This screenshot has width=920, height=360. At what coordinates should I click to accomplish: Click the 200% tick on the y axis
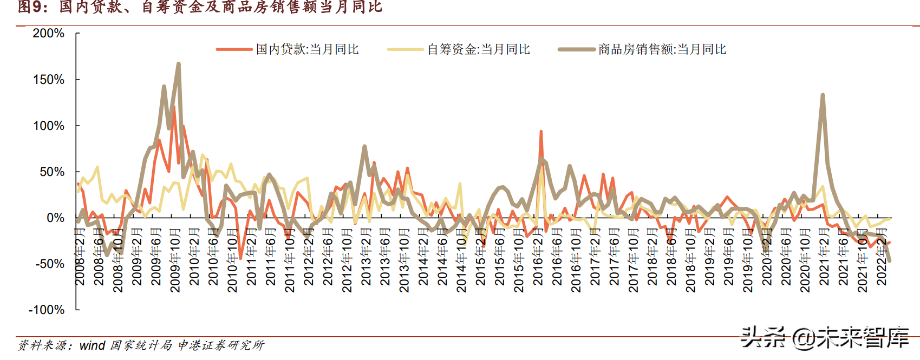click(x=49, y=34)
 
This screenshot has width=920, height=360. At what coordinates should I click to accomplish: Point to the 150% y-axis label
click(x=49, y=80)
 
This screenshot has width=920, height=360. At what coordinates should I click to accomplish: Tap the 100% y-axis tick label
click(x=49, y=126)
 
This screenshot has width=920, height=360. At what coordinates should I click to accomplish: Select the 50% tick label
click(x=52, y=172)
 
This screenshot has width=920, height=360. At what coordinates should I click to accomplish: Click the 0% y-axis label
click(x=55, y=218)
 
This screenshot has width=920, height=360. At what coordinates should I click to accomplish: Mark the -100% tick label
click(x=47, y=310)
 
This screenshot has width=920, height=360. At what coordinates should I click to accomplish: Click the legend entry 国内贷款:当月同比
click(x=307, y=49)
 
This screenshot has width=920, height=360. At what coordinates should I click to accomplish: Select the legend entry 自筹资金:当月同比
click(x=478, y=49)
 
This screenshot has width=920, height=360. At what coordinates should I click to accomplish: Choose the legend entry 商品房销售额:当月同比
click(x=662, y=49)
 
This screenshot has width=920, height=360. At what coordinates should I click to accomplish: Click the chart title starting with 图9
click(x=200, y=8)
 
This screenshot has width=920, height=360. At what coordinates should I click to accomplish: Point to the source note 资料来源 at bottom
click(x=141, y=345)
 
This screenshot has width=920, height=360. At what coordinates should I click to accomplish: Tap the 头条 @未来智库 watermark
click(x=824, y=337)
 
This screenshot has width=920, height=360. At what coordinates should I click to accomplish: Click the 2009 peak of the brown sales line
click(x=178, y=64)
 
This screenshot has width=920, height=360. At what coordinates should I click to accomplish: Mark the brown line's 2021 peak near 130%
click(x=823, y=95)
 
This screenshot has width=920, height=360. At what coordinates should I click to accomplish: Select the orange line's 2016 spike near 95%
click(x=541, y=132)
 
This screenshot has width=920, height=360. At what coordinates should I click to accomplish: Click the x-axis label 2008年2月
click(x=80, y=257)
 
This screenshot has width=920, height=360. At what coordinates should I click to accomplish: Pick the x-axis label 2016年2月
click(x=538, y=257)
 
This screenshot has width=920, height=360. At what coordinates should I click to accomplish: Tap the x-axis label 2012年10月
click(x=347, y=260)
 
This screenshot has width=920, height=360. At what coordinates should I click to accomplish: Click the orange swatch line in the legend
click(x=234, y=49)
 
